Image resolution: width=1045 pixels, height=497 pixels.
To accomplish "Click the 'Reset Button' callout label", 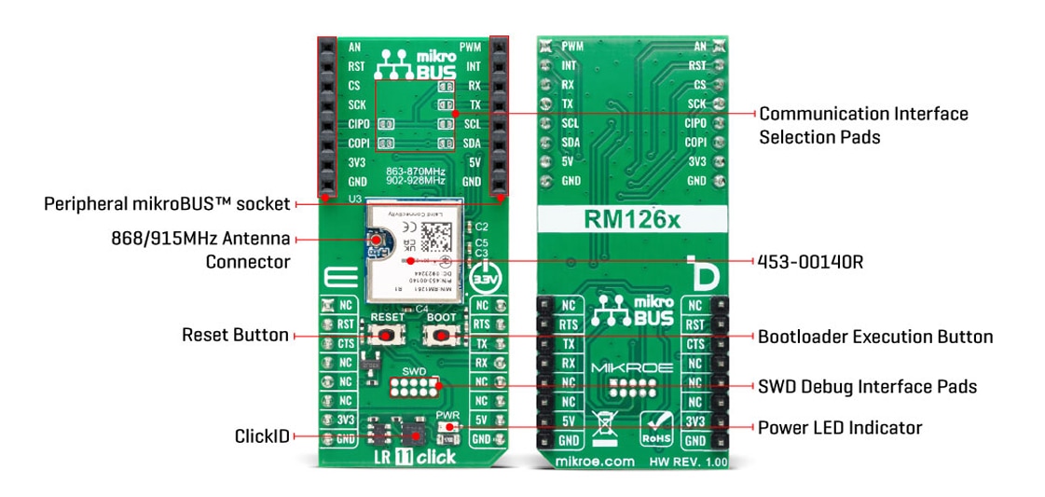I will (235, 335).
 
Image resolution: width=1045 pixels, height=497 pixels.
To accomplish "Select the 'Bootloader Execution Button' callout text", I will (874, 337).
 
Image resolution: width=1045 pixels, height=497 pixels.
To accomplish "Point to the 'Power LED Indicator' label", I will (839, 428).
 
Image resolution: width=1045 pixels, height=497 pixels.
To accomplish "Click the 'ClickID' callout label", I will (262, 435).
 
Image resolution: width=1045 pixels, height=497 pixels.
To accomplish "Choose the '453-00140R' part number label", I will (811, 262).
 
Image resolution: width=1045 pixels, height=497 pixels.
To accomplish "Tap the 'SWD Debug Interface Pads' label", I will (867, 386).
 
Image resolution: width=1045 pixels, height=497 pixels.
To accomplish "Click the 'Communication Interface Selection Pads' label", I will (862, 125).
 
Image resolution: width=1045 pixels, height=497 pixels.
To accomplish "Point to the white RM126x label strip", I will (631, 220).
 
